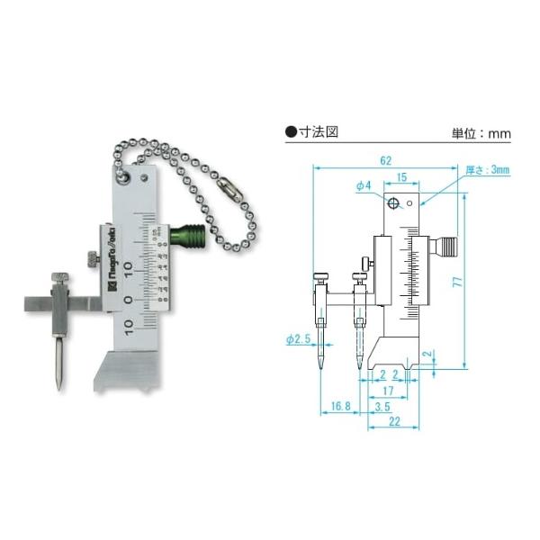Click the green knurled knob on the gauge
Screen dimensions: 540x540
[x=190, y=238]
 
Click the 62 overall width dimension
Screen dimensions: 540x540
[x=386, y=160]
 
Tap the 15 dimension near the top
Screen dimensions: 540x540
[x=402, y=177]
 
